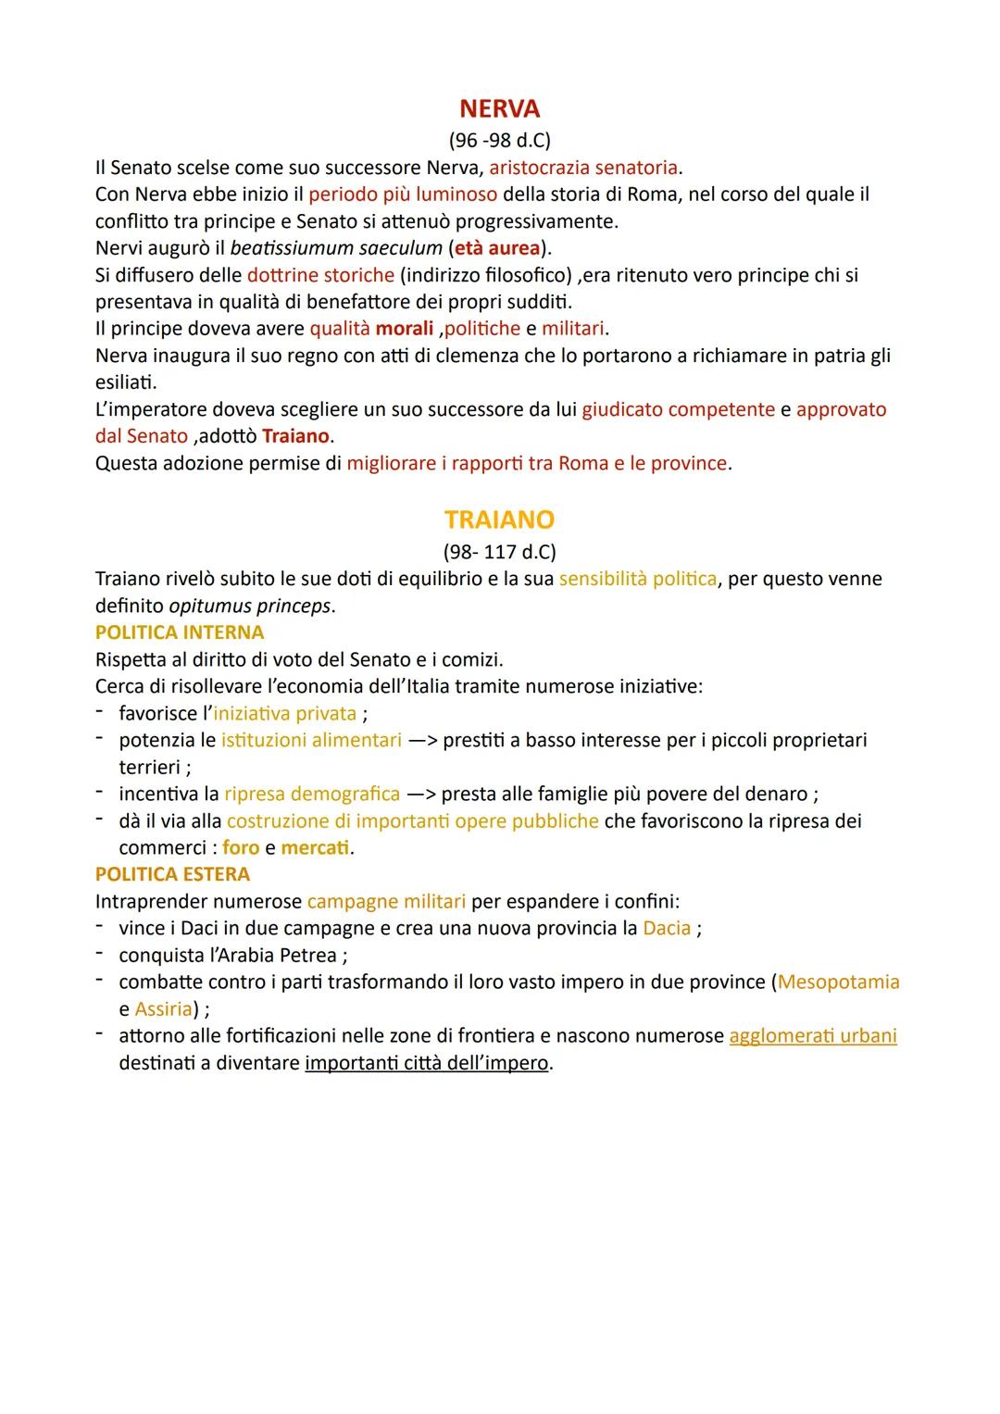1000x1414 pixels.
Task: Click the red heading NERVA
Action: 499,109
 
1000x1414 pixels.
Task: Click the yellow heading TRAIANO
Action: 499,519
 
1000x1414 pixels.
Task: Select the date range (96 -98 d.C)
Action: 499,141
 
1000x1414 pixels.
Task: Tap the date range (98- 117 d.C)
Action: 499,552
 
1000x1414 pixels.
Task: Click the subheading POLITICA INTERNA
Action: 180,632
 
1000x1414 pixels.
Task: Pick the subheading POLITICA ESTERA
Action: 172,874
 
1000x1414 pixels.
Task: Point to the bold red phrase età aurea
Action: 497,248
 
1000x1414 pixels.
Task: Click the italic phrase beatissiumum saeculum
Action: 336,248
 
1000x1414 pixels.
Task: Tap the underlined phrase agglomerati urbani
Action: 813,1035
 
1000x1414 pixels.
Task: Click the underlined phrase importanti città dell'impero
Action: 427,1062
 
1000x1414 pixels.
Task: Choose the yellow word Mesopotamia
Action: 839,982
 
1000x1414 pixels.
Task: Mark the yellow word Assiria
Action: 164,1008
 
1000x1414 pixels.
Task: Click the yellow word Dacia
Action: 667,928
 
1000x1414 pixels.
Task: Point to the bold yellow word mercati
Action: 316,847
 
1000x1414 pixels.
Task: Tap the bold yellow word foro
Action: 241,847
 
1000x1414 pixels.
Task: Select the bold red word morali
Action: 404,329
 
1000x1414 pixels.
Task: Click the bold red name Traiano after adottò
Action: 296,436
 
